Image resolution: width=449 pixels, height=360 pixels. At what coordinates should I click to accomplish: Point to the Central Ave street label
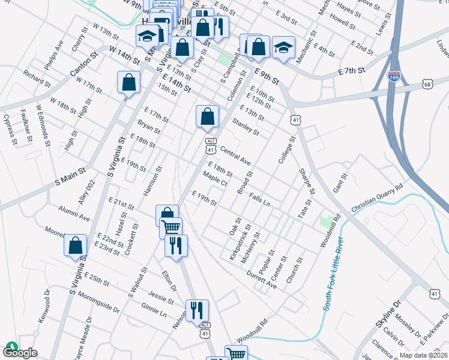235,154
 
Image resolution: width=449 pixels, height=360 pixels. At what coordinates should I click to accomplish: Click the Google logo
20,352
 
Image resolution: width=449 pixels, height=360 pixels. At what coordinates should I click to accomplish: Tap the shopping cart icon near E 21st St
171,227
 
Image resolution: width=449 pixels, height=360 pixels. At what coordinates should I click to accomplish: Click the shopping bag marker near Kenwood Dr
75,245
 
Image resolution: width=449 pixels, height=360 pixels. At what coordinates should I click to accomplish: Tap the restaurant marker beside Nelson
197,310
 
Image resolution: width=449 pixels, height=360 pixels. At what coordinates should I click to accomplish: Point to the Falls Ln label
259,199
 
